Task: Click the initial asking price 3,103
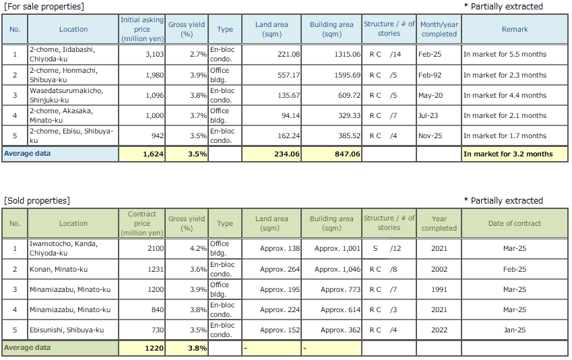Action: point(152,55)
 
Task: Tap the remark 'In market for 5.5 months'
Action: point(505,55)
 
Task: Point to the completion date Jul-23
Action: point(428,115)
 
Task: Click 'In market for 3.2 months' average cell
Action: point(508,154)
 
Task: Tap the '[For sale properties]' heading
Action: point(44,6)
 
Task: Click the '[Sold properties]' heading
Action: point(37,200)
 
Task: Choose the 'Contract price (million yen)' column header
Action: point(141,223)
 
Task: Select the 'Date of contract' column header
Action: point(514,223)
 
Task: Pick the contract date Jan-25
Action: point(514,330)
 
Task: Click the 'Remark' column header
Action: point(515,29)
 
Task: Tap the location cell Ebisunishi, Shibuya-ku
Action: point(66,330)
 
